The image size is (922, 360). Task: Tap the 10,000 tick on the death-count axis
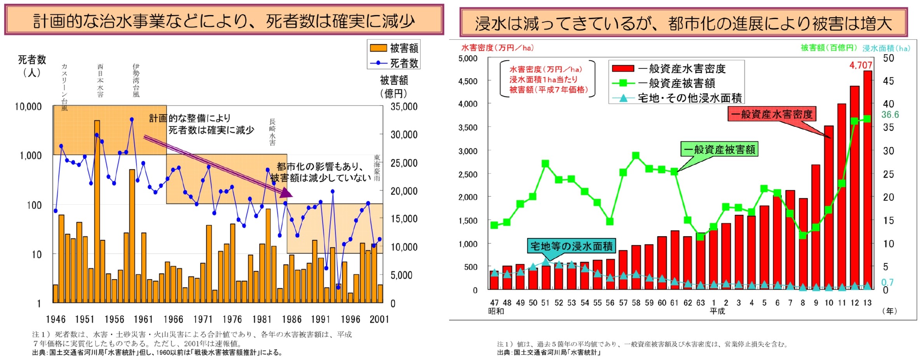tap(28, 106)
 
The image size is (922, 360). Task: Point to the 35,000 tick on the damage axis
tap(404, 107)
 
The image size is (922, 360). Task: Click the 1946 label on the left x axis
tap(56, 319)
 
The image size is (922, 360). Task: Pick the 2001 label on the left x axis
tap(379, 319)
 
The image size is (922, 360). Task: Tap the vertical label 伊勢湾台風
tap(136, 80)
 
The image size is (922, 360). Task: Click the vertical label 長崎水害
tap(272, 132)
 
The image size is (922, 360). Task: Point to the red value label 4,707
tap(861, 65)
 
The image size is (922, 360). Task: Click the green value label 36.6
tap(890, 115)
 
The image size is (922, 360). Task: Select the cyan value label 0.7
tap(887, 282)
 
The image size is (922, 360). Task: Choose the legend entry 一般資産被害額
tap(676, 83)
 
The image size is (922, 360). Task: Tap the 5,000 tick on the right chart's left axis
tap(468, 59)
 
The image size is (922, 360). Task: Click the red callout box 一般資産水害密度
tap(771, 114)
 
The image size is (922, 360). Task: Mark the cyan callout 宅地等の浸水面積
tap(571, 246)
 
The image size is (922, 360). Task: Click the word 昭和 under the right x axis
tap(496, 311)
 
